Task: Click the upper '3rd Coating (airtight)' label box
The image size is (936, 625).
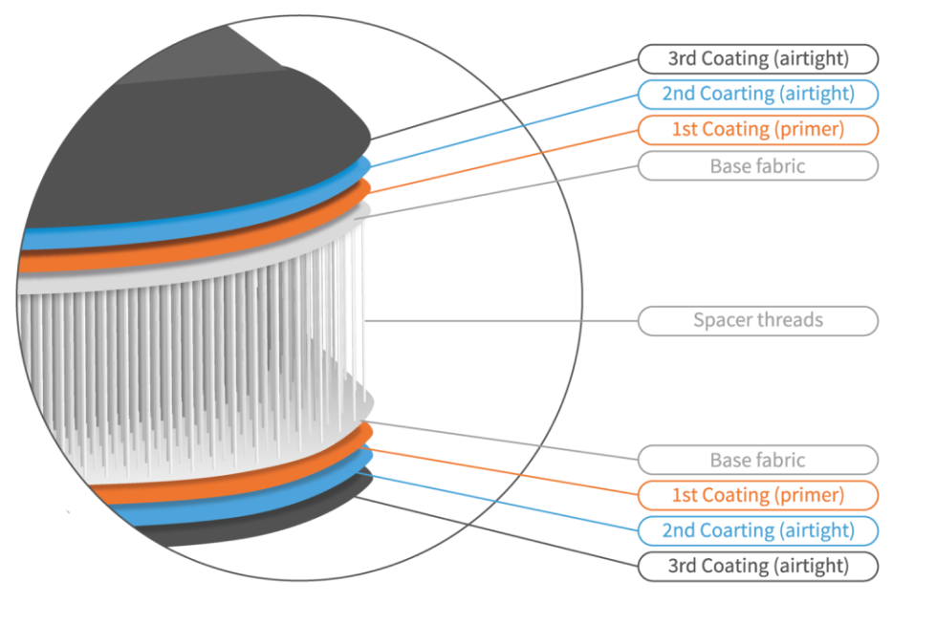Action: [x=757, y=58]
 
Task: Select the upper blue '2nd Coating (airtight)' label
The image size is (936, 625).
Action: [x=757, y=94]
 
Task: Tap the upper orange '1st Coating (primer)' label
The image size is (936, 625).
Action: [x=757, y=129]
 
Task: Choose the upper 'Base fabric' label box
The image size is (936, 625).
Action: [x=757, y=165]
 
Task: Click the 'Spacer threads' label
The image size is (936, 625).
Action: [x=757, y=319]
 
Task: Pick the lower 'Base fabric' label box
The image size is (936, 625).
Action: [x=757, y=460]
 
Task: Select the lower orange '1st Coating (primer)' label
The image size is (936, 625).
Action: [x=757, y=495]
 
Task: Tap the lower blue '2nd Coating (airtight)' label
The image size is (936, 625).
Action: [x=757, y=530]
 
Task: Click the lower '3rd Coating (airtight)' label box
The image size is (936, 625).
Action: [x=757, y=566]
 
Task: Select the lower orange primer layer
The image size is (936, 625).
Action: [x=191, y=487]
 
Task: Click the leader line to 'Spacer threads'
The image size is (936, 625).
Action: [x=497, y=320]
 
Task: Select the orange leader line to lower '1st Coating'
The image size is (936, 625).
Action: [x=507, y=472]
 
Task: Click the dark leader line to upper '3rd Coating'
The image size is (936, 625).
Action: [x=507, y=98]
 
